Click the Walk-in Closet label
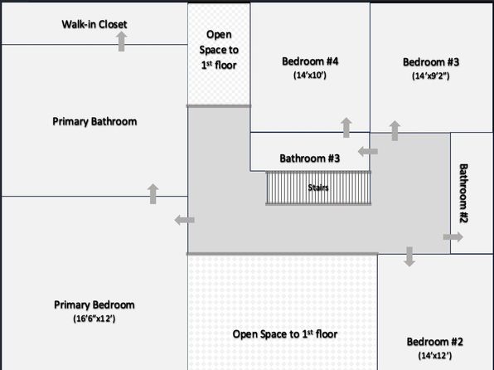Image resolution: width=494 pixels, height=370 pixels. [x=94, y=24]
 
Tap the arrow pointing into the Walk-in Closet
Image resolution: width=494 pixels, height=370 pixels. [x=121, y=41]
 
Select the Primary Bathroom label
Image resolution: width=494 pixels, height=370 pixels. [x=94, y=121]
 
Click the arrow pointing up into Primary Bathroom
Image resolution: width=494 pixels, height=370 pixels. [x=153, y=193]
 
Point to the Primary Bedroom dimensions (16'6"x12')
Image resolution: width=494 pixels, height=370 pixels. [x=94, y=319]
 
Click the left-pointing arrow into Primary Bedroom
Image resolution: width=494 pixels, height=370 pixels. [x=184, y=220]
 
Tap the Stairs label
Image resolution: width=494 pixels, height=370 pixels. [x=318, y=187]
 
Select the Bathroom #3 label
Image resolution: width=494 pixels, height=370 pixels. [x=310, y=158]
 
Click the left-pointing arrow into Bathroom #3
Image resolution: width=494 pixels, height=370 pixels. [x=368, y=152]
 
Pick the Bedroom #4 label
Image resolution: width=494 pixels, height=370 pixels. [x=310, y=61]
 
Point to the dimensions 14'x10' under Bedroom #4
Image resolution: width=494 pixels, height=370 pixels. [x=310, y=75]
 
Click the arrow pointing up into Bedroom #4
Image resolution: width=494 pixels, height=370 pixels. [x=346, y=128]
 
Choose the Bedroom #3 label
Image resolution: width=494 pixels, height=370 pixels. [x=431, y=62]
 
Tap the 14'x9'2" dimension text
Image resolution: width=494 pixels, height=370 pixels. [x=431, y=75]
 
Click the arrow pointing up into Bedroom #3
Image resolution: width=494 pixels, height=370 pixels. [x=395, y=130]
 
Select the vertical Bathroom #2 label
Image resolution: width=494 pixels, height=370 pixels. [x=463, y=193]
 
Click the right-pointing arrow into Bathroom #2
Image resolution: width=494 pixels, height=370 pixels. [x=453, y=237]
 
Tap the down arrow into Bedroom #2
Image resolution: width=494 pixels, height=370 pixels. [x=409, y=256]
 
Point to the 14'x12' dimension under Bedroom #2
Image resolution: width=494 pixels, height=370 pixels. [x=435, y=356]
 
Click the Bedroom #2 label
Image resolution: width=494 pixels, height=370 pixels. [x=435, y=342]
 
